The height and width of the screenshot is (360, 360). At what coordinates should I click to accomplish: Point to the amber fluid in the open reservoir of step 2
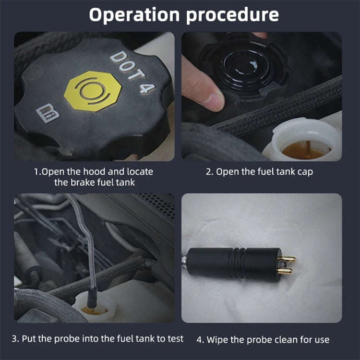302,150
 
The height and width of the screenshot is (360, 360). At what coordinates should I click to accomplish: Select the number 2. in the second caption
210,171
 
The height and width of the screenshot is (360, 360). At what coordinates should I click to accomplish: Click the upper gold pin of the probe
288,259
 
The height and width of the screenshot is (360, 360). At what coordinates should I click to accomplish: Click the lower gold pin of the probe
287,271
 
